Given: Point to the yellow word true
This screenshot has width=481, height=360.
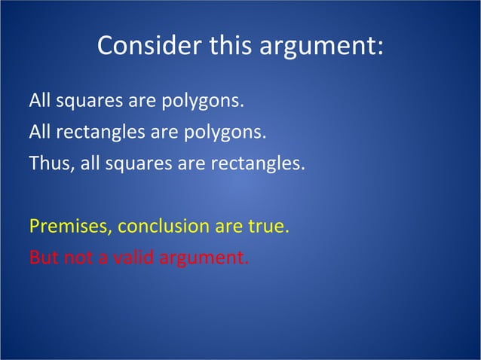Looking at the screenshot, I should tap(268, 227).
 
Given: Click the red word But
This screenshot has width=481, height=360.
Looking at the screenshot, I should tap(42, 258).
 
